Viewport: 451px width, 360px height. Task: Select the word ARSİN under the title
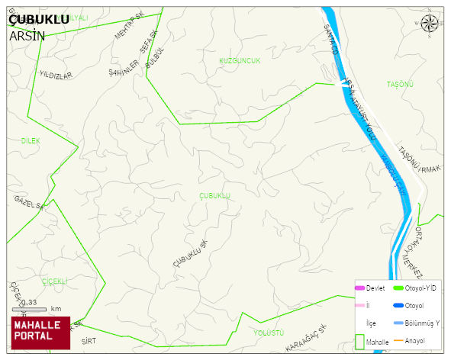[27, 35]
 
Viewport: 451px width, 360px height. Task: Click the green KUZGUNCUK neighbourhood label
[240, 60]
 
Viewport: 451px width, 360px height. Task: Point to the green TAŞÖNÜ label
[399, 84]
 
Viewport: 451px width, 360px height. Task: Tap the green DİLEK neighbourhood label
[31, 141]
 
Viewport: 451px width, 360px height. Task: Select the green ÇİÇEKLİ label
[55, 281]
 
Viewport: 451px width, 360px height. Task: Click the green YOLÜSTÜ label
[268, 333]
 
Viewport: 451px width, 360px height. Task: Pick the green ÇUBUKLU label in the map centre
[214, 196]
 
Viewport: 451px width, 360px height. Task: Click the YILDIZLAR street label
[55, 76]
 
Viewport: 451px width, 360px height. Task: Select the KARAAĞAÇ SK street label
[305, 338]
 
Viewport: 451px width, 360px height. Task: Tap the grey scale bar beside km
[30, 309]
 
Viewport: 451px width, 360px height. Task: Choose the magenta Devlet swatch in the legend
[359, 288]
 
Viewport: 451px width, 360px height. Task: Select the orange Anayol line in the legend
[398, 339]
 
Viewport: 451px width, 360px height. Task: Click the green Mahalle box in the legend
[360, 341]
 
